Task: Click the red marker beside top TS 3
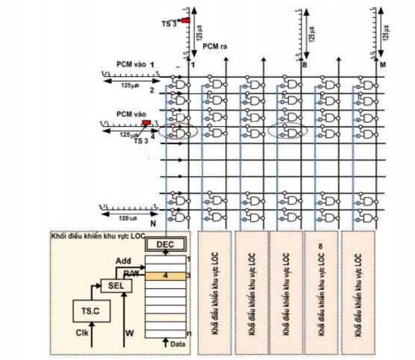click(185, 21)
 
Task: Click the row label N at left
click(153, 224)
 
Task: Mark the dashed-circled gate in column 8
click(287, 132)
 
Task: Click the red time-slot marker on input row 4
click(147, 122)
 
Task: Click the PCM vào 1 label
click(135, 65)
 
